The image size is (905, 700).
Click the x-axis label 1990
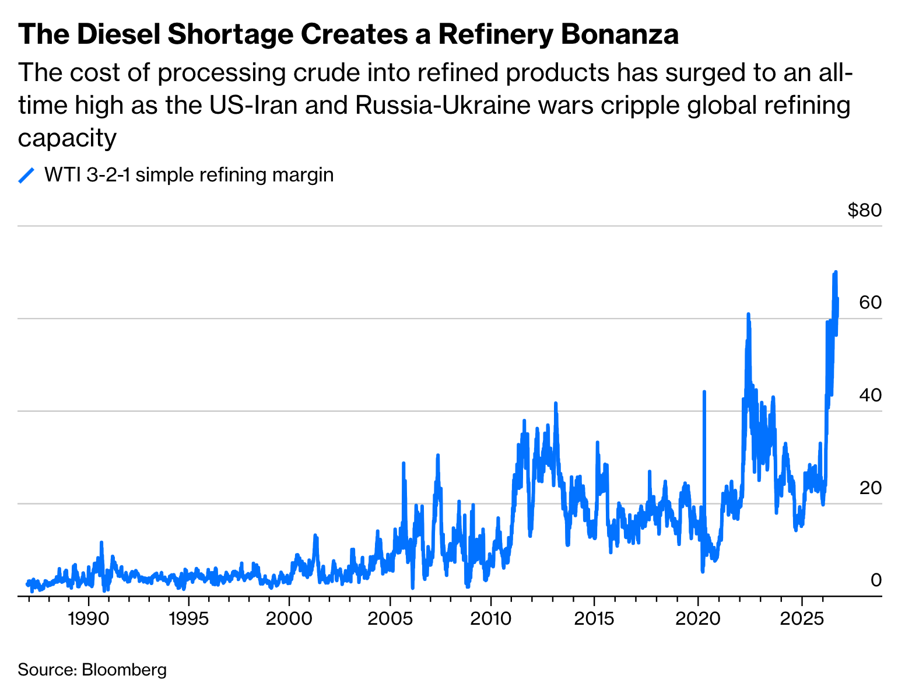click(x=88, y=619)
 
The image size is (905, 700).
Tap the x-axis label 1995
click(x=189, y=619)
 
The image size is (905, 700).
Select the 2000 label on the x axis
click(x=289, y=619)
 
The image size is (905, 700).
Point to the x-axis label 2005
click(x=390, y=619)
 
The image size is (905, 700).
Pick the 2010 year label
click(x=490, y=619)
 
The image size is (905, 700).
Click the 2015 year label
click(x=594, y=619)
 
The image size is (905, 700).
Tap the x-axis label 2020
click(x=697, y=619)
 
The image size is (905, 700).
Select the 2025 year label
click(x=802, y=619)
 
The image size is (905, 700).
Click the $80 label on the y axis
click(x=865, y=210)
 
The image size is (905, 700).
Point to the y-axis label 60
click(x=871, y=302)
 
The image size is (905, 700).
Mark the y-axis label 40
click(x=871, y=395)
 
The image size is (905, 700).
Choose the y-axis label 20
click(x=871, y=488)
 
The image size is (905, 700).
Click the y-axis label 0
click(x=876, y=580)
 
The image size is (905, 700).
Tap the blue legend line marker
click(x=26, y=176)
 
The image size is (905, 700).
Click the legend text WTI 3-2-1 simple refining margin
click(x=189, y=175)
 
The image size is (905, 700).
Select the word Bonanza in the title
click(x=620, y=34)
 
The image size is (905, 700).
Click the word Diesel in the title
click(x=119, y=34)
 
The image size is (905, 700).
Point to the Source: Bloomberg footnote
click(x=92, y=670)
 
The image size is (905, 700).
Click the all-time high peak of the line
click(x=836, y=272)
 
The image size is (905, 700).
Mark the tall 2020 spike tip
click(x=704, y=392)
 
